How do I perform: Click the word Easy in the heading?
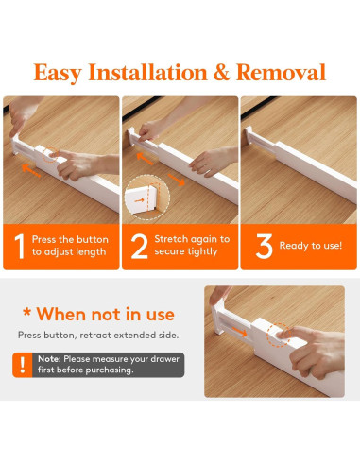(58, 73)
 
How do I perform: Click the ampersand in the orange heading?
(221, 72)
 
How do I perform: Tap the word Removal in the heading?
(281, 72)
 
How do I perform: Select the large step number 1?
(20, 247)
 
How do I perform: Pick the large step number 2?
(139, 247)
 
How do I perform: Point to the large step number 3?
(264, 247)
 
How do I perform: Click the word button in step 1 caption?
(93, 239)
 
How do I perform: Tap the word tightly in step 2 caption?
(201, 251)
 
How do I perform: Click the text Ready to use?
(311, 246)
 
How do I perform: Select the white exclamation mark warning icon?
(23, 365)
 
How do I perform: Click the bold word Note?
(49, 359)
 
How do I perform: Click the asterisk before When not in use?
(27, 313)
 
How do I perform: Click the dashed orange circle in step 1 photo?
(50, 155)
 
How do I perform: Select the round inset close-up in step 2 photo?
(147, 198)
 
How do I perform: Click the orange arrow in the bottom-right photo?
(240, 332)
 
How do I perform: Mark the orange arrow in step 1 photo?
(31, 170)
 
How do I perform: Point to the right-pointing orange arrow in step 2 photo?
(176, 180)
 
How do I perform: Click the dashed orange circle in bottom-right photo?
(278, 335)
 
